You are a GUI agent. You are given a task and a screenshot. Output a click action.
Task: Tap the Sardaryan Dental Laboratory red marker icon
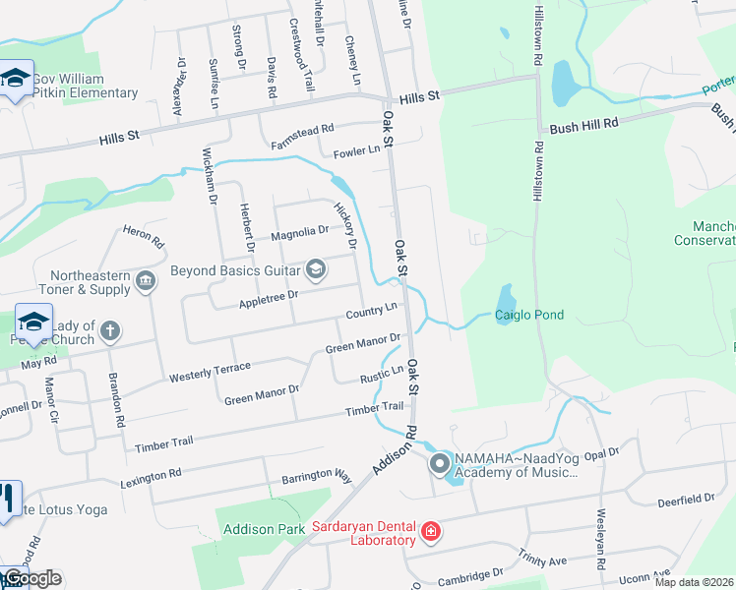(430, 533)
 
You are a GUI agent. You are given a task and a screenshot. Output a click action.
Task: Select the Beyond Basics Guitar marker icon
(316, 268)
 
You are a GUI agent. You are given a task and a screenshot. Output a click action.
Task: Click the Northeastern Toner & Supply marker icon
(146, 282)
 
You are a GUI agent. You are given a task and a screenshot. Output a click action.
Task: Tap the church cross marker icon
(109, 331)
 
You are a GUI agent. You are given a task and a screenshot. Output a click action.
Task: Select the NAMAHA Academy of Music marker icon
(439, 465)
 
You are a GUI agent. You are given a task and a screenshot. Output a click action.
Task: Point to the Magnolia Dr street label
(299, 231)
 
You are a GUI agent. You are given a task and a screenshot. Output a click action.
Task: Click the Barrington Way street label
(316, 475)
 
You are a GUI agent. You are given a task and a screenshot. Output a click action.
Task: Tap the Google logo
(31, 578)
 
